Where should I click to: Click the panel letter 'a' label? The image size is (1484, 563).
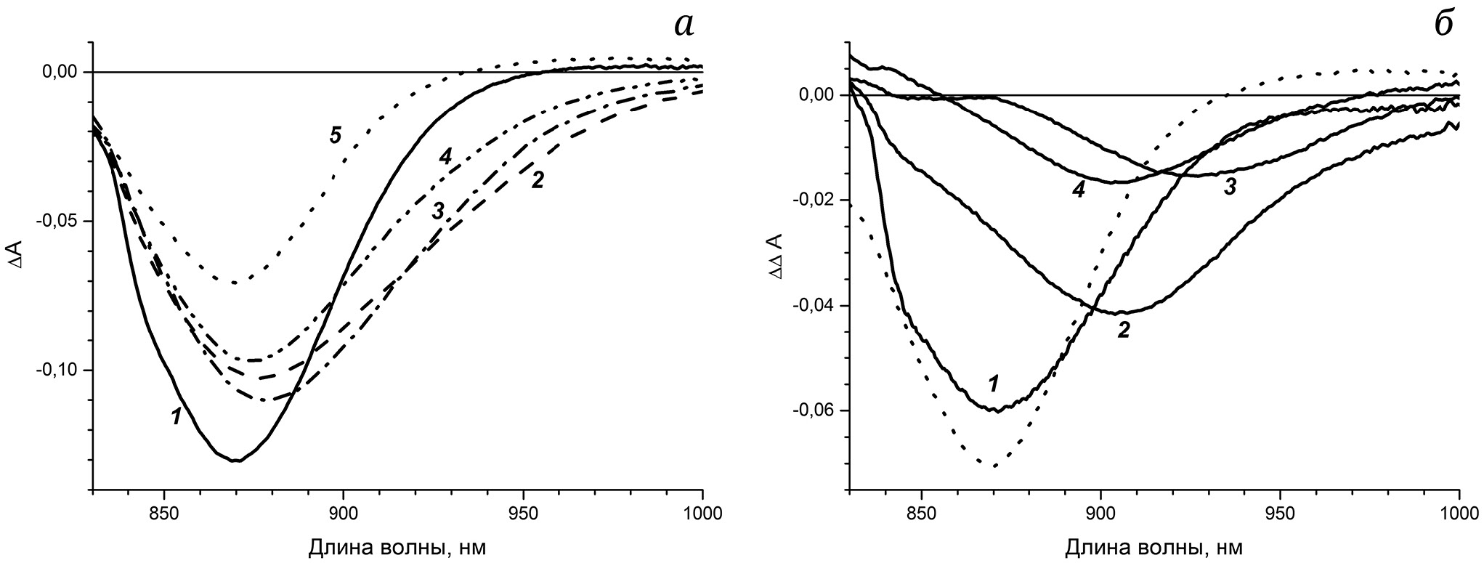click(684, 25)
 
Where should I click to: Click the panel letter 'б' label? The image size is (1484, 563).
click(1443, 25)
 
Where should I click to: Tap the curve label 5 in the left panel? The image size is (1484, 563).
click(335, 135)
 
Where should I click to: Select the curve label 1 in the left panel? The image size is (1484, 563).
click(175, 417)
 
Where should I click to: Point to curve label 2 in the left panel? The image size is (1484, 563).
click(538, 179)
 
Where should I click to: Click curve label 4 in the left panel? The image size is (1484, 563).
click(445, 156)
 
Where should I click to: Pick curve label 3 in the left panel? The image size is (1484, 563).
click(437, 211)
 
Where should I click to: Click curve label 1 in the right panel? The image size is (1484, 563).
click(994, 382)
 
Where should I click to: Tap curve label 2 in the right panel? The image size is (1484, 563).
click(1124, 331)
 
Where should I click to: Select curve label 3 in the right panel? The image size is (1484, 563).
click(1230, 187)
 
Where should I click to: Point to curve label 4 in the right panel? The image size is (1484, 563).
click(1079, 190)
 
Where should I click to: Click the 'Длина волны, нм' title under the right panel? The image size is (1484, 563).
click(1153, 546)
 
